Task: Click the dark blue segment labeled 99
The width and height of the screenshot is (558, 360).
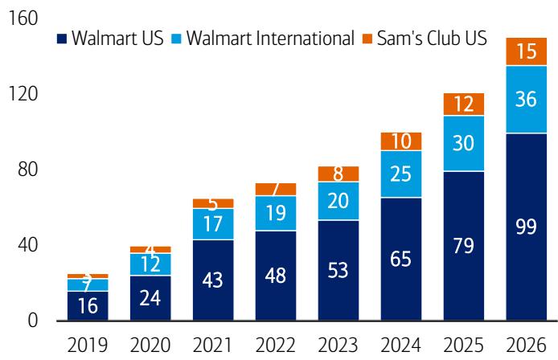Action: click(527, 227)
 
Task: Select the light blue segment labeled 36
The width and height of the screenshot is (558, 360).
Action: click(527, 99)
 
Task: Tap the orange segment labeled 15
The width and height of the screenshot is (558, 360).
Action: click(527, 51)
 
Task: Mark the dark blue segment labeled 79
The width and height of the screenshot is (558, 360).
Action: click(462, 246)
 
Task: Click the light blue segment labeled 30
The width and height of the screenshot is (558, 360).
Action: click(462, 143)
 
